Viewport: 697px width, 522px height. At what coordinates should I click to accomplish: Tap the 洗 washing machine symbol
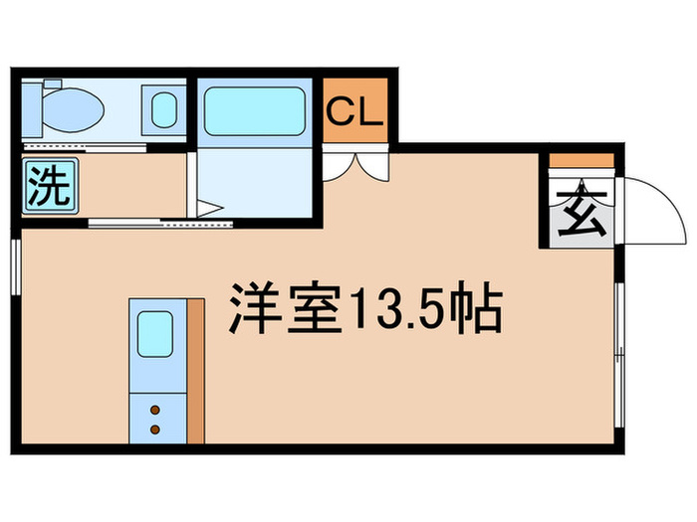click(x=50, y=187)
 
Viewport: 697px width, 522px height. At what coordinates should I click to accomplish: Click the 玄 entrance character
click(x=582, y=213)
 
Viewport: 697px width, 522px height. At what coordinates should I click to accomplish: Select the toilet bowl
click(x=74, y=109)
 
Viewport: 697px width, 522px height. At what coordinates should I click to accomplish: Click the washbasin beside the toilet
click(x=164, y=110)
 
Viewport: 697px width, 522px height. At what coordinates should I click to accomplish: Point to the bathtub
click(x=255, y=111)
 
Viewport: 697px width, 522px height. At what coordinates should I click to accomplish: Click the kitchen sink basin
click(x=155, y=334)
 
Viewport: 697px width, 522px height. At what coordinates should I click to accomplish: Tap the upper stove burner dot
click(x=155, y=410)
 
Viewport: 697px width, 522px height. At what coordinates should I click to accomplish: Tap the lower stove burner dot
click(x=155, y=430)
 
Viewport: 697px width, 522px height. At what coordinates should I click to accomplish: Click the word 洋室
click(x=286, y=307)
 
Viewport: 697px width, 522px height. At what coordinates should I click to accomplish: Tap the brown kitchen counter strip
click(x=196, y=371)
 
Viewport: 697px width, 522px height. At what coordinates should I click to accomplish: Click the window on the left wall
click(x=16, y=266)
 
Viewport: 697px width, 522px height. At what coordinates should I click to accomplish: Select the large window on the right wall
click(x=620, y=354)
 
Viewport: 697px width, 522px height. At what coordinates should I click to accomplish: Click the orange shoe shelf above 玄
click(x=581, y=160)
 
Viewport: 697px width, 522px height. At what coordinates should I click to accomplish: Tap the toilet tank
click(x=32, y=109)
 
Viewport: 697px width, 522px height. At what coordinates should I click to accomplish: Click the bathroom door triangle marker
click(x=209, y=209)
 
